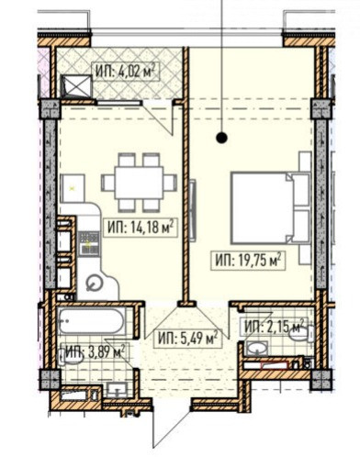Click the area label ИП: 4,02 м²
(123, 72)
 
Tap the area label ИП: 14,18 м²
(141, 228)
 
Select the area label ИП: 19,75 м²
(248, 261)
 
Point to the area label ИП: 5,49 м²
(187, 339)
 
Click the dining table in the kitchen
(139, 183)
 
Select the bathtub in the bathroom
(92, 321)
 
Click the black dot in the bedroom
(221, 139)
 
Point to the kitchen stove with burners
(89, 243)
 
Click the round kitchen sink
(94, 283)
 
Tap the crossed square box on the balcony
(76, 86)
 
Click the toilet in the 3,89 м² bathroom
(71, 357)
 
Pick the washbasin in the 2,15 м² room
(257, 349)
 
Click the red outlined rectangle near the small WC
(275, 365)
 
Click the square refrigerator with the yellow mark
(73, 189)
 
